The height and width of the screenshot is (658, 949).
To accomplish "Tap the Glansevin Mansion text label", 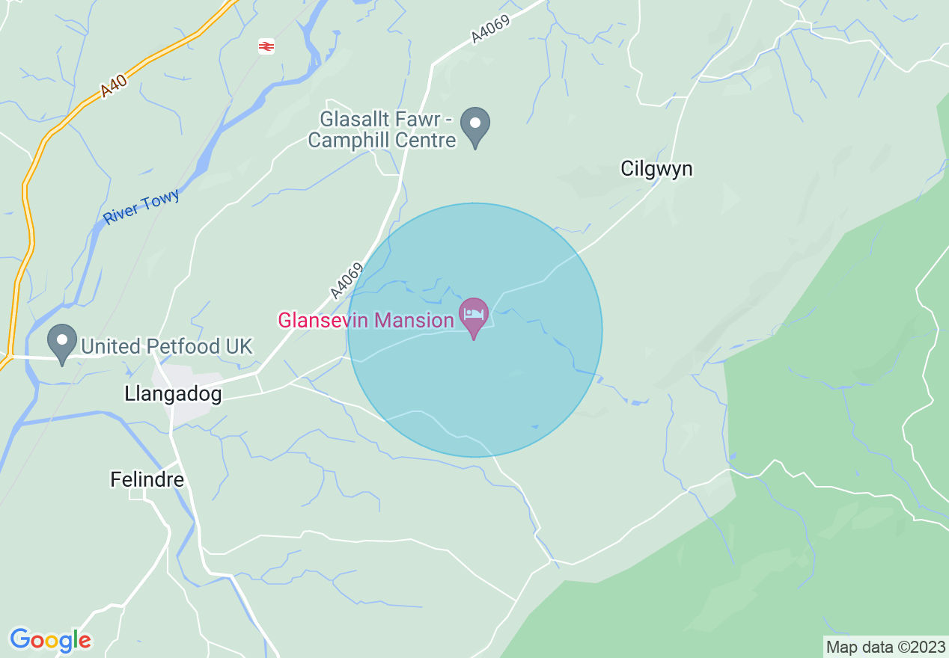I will click(x=365, y=321).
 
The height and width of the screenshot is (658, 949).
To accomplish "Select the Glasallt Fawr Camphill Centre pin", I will click(x=474, y=126).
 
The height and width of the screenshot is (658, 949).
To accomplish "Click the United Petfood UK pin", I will click(x=62, y=342).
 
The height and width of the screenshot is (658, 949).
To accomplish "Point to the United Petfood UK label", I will click(x=167, y=347).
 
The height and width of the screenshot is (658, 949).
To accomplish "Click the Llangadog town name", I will click(x=174, y=394).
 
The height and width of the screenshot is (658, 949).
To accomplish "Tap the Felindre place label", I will click(x=147, y=479).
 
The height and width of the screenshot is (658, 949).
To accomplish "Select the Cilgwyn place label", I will click(x=656, y=169).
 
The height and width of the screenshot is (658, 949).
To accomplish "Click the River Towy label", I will click(x=141, y=207).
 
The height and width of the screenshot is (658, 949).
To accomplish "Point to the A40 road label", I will click(x=114, y=84).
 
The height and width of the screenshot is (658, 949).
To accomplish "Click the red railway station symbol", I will click(x=266, y=46).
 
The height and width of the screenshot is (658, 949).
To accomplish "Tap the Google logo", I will click(x=50, y=640).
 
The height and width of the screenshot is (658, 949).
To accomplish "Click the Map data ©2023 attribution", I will click(x=885, y=647).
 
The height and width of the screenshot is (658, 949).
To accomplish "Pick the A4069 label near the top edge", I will click(x=490, y=31).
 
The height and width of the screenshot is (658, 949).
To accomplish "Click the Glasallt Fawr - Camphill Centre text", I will click(x=382, y=129).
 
